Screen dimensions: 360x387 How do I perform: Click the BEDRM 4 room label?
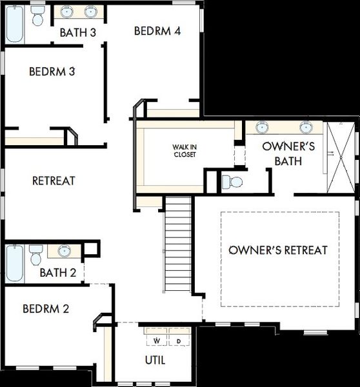tap(157, 31)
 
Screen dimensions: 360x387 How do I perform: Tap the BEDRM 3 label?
tap(52, 72)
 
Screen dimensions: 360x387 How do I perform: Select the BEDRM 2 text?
tap(46, 309)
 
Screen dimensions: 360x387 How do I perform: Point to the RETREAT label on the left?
tap(54, 181)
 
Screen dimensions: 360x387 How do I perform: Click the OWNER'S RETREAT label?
tap(278, 250)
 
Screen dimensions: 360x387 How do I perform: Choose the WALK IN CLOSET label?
tap(185, 151)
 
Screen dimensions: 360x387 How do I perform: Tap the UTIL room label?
tap(155, 361)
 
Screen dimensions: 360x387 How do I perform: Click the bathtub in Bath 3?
tap(15, 25)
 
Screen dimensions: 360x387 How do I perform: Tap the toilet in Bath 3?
tap(38, 15)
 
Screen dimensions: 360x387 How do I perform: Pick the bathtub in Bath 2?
tap(15, 263)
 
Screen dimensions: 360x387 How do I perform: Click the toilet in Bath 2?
tap(35, 255)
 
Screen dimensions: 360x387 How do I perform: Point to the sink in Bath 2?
tap(65, 250)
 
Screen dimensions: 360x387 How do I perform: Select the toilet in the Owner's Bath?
tap(232, 182)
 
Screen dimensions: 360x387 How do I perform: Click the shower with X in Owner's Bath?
tap(341, 157)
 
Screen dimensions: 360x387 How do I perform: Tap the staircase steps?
tap(178, 244)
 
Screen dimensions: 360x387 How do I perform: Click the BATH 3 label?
tap(78, 33)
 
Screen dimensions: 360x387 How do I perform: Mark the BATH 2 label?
tap(58, 273)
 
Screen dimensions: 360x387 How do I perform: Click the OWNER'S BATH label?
tap(288, 154)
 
